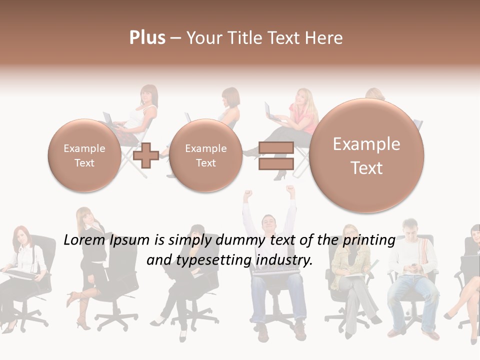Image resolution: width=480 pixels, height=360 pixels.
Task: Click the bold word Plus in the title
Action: (147, 38)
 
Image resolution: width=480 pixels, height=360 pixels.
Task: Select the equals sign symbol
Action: (275, 155)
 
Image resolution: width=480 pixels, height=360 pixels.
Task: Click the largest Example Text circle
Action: (366, 155)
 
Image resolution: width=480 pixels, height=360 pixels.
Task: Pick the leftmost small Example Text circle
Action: (84, 155)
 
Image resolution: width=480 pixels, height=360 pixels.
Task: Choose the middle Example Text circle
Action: (205, 155)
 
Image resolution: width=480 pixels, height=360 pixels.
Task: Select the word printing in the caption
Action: (370, 240)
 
